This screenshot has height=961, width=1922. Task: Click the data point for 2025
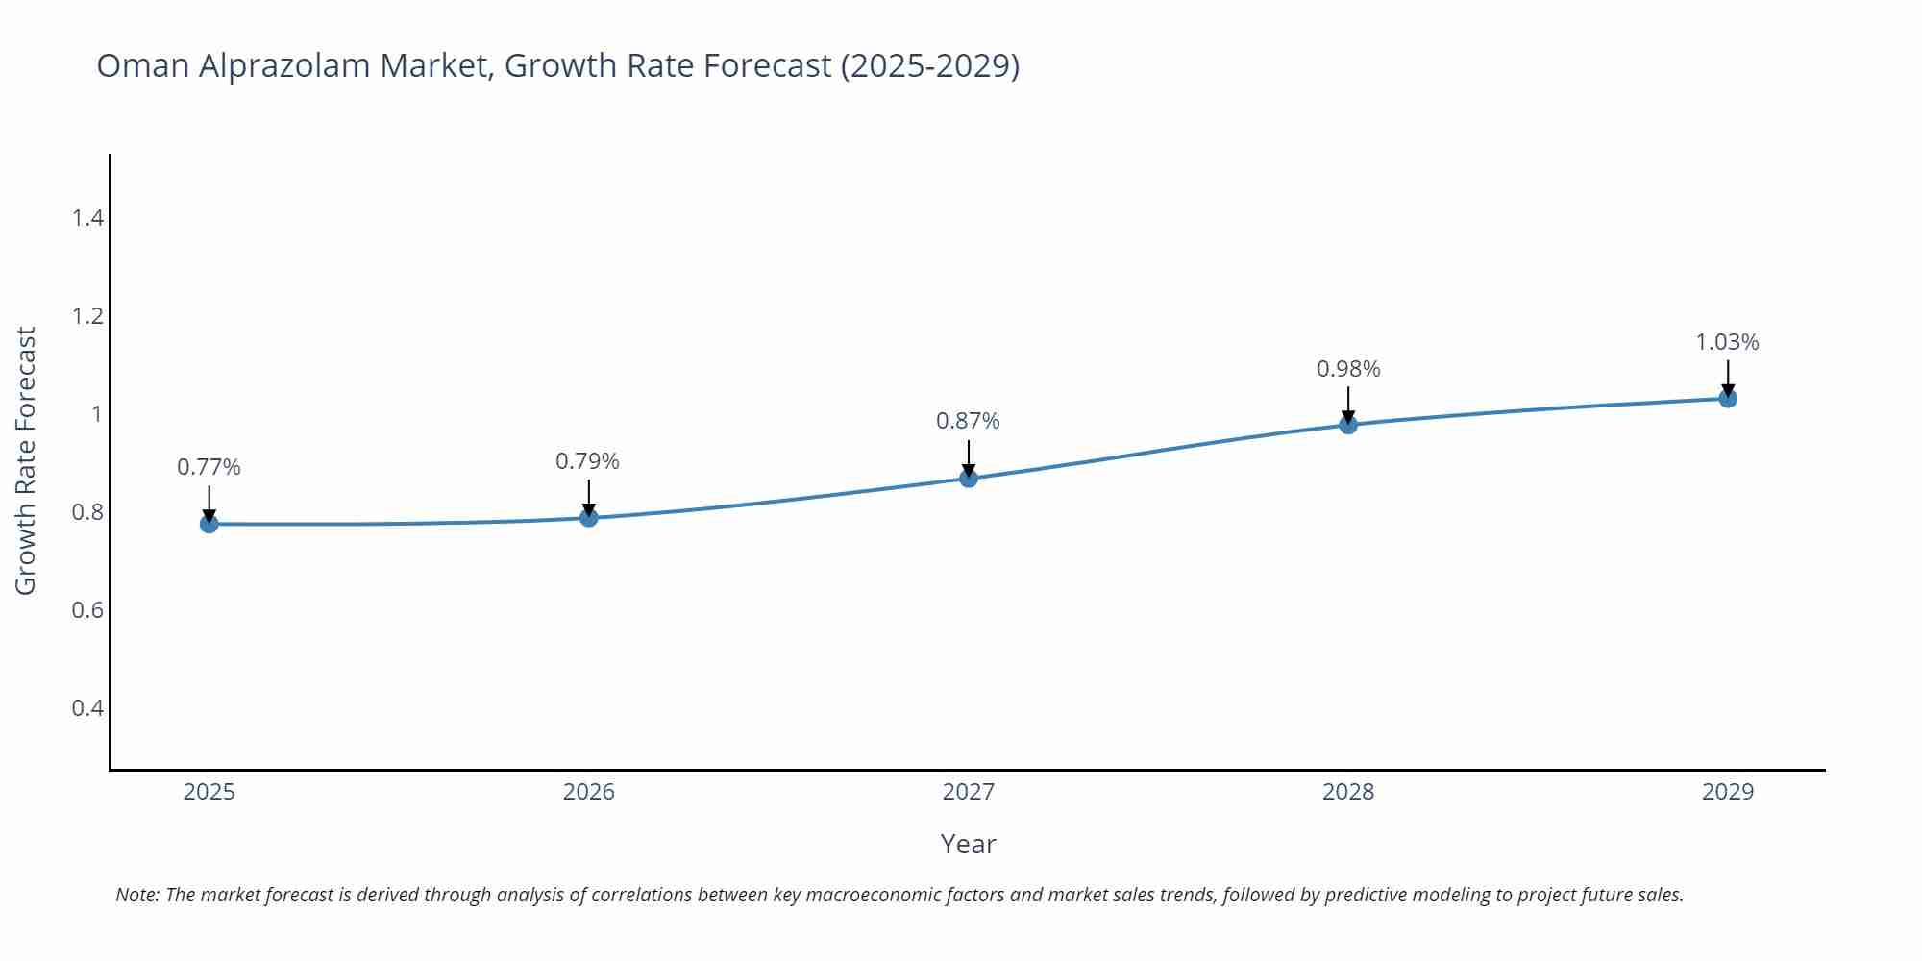209,524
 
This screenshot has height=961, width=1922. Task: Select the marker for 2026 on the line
589,518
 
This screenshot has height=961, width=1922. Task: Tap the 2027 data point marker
969,478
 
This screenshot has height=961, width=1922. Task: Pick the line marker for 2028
1348,425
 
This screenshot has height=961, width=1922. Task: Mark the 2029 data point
1728,398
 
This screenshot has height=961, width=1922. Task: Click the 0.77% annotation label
209,467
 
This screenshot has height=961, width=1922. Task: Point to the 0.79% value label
587,461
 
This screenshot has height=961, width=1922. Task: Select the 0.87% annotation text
968,421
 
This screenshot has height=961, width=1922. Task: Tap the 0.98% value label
1348,369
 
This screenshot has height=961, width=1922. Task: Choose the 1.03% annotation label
1727,342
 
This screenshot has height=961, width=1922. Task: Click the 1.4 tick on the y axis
87,218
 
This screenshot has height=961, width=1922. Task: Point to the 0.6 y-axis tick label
87,610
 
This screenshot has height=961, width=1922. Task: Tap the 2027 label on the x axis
969,792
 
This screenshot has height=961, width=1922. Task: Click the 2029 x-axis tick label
1728,792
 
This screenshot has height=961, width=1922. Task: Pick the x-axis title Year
968,844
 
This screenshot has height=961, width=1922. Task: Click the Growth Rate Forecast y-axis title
26,460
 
